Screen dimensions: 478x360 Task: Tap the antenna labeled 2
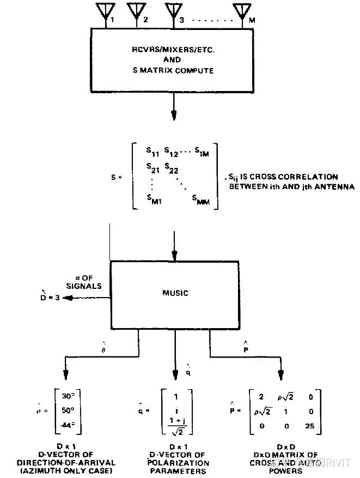click(136, 11)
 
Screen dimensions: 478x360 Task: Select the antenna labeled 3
click(173, 11)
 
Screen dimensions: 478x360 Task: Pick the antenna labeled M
click(242, 11)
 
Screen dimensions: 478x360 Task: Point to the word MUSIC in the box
click(175, 293)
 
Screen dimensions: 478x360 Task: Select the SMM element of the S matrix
click(201, 200)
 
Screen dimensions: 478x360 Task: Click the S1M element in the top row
click(208, 152)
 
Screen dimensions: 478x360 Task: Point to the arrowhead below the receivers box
click(174, 116)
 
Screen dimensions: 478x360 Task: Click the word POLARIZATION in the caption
click(177, 463)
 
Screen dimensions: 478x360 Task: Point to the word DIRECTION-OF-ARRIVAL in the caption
click(66, 463)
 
